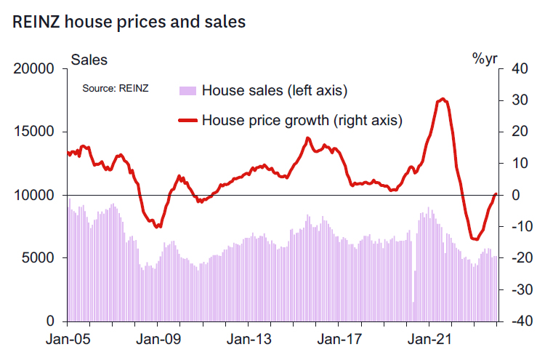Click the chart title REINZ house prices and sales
click(129, 22)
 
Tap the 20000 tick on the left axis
click(36, 70)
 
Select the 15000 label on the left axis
click(36, 132)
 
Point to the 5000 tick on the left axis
click(39, 258)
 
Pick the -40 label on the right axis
click(516, 321)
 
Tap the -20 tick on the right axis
click(516, 258)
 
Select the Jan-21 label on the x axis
click(433, 339)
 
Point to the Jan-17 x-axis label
click(342, 339)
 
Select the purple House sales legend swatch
click(187, 91)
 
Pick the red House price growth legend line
click(187, 120)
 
